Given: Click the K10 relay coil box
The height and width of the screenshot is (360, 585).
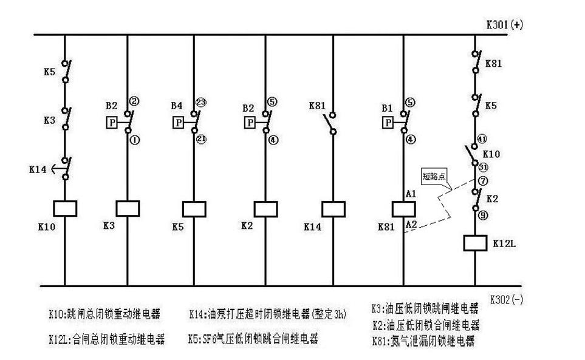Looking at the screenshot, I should click(x=64, y=208).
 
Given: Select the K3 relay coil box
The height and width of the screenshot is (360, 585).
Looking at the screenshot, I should click(x=127, y=208).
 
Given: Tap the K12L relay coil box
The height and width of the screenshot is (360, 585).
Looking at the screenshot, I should click(x=475, y=243).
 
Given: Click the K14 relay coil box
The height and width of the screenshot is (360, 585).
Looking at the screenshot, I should click(x=332, y=208).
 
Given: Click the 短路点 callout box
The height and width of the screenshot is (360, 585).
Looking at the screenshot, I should click(x=436, y=177).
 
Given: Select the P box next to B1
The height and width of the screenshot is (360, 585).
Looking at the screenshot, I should click(x=388, y=123).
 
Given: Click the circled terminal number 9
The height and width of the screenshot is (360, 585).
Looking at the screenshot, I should click(x=482, y=215).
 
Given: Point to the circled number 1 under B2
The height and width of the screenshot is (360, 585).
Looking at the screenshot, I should click(x=135, y=140).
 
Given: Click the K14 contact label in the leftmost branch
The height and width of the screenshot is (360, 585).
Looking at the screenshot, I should click(x=37, y=169).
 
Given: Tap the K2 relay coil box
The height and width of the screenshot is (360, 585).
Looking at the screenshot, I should click(x=265, y=208).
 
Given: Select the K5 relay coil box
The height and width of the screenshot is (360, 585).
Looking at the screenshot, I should click(x=194, y=208).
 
